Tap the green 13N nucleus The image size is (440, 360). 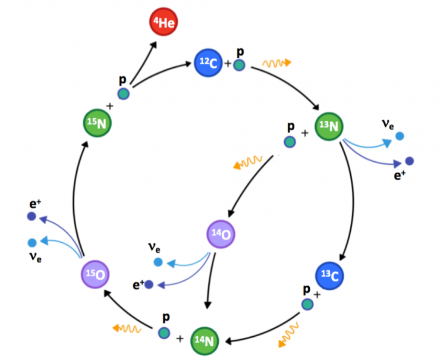click(x=330, y=127)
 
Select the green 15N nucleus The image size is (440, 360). click(x=98, y=125)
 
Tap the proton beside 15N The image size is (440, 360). click(x=123, y=94)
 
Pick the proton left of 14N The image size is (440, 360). click(x=164, y=333)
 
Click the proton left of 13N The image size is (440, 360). click(x=290, y=142)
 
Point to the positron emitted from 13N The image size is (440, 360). click(x=409, y=161)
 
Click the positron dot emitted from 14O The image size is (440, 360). click(x=149, y=285)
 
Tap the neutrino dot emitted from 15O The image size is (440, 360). click(x=32, y=242)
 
